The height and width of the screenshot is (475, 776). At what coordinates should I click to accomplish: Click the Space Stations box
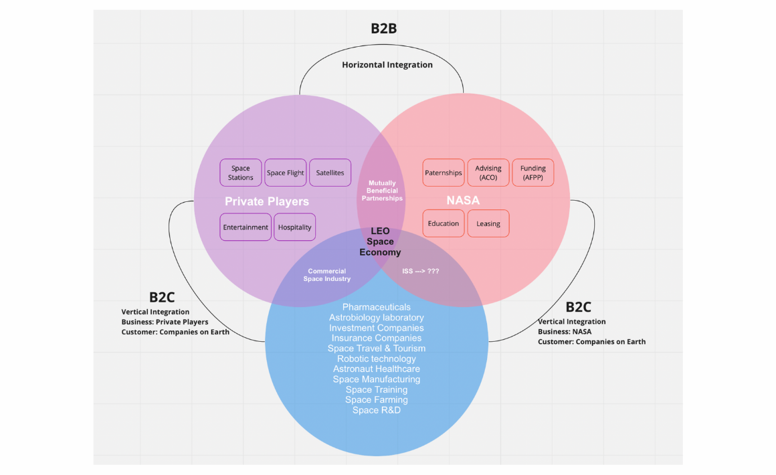pyautogui.click(x=241, y=173)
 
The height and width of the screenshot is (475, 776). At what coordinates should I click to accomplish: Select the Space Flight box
pyautogui.click(x=286, y=173)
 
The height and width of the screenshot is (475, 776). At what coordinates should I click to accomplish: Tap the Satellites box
pyautogui.click(x=330, y=173)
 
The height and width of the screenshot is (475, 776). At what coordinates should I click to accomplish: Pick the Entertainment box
pyautogui.click(x=246, y=227)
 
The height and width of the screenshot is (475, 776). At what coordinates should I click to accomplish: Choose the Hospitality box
pyautogui.click(x=295, y=227)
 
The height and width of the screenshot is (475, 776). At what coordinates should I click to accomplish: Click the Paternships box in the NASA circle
pyautogui.click(x=444, y=173)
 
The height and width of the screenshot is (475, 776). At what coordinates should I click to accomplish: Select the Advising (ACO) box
pyautogui.click(x=488, y=173)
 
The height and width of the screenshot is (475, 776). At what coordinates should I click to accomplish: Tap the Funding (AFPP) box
pyautogui.click(x=533, y=173)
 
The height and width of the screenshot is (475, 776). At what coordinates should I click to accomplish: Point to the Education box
pyautogui.click(x=444, y=223)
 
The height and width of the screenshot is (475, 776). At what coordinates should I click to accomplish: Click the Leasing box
pyautogui.click(x=488, y=223)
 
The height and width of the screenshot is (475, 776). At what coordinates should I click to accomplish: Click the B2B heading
pyautogui.click(x=384, y=28)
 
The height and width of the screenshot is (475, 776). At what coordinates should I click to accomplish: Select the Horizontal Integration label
pyautogui.click(x=387, y=65)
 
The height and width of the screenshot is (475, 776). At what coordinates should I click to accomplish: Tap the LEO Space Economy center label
pyautogui.click(x=380, y=242)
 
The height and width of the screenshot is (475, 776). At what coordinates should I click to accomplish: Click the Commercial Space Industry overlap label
pyautogui.click(x=326, y=275)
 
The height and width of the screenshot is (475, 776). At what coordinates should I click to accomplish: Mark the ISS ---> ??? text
pyautogui.click(x=420, y=271)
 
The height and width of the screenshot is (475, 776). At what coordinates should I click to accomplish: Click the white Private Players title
pyautogui.click(x=267, y=201)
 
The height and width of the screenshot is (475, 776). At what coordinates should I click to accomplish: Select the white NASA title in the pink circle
pyautogui.click(x=463, y=201)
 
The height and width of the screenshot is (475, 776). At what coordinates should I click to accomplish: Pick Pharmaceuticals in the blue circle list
pyautogui.click(x=377, y=307)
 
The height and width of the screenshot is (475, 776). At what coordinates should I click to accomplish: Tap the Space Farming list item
pyautogui.click(x=377, y=400)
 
